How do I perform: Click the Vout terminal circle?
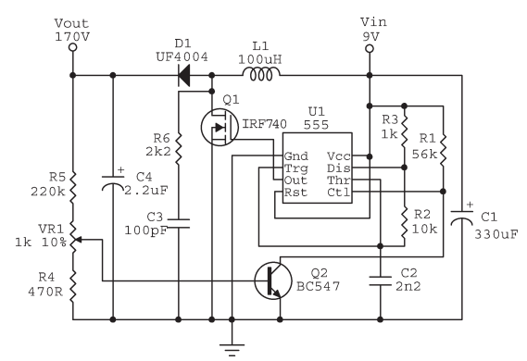tap(72, 47)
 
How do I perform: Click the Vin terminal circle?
tap(370, 49)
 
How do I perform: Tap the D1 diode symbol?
tap(183, 75)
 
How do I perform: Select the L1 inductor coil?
tap(261, 75)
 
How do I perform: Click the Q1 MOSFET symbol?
tap(220, 127)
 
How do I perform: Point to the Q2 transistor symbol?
tap(272, 280)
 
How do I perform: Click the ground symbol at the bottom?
tap(232, 349)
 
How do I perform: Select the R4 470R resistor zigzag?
tap(72, 286)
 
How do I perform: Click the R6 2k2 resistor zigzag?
tap(179, 148)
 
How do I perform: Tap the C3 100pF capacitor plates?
tap(179, 223)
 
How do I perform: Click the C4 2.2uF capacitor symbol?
tap(113, 183)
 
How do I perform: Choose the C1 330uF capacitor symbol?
tap(462, 218)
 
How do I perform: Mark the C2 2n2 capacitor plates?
tap(381, 281)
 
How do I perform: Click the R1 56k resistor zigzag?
tap(443, 150)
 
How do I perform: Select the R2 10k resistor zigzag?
tap(405, 223)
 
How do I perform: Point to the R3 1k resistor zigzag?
tap(405, 131)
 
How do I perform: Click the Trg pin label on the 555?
tap(296, 168)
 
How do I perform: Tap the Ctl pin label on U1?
tap(339, 193)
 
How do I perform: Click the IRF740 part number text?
tap(265, 124)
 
